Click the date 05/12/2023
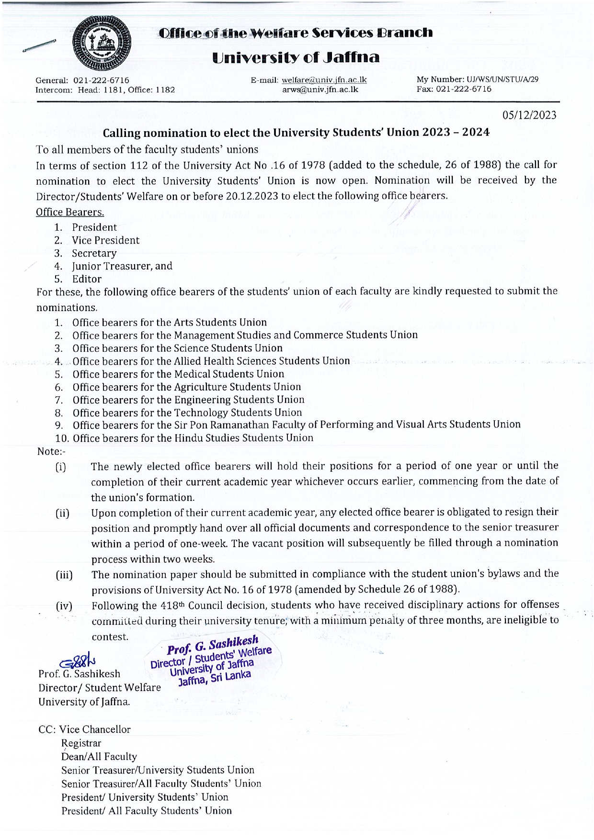click(529, 115)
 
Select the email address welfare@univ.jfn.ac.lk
click(324, 80)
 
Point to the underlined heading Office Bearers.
click(70, 212)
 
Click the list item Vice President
click(105, 240)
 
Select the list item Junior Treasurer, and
click(122, 266)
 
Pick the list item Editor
click(87, 279)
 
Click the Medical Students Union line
click(178, 374)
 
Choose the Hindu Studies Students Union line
click(193, 438)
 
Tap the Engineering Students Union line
click(188, 400)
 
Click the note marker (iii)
click(64, 575)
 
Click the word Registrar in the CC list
click(81, 743)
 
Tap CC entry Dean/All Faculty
click(99, 757)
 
